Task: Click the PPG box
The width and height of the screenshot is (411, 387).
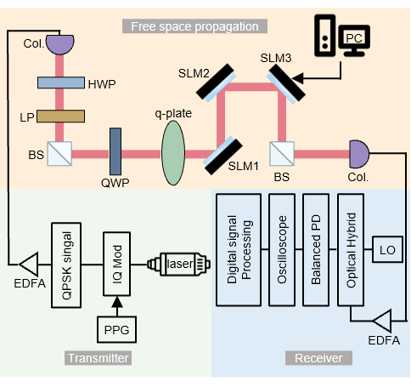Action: click(116, 329)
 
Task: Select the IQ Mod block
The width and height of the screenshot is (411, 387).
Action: click(116, 264)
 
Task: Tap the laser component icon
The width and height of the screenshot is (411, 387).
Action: click(178, 264)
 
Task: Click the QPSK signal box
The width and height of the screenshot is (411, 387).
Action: click(66, 265)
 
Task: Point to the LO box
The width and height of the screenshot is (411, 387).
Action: click(387, 249)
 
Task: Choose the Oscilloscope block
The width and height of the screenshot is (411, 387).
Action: click(282, 250)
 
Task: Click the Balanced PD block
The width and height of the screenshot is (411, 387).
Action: click(316, 250)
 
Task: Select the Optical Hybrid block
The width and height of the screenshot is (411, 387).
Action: click(351, 250)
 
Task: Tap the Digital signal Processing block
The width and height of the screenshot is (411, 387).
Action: click(239, 250)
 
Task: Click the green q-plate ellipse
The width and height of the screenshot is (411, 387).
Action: click(173, 153)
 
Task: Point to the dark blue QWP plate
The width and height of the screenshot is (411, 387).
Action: click(115, 151)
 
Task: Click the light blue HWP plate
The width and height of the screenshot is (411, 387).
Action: click(61, 83)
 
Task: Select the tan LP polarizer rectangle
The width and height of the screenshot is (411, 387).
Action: click(60, 117)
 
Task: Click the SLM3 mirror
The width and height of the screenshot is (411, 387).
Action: click(286, 83)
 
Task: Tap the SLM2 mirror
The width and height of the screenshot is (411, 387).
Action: click(216, 82)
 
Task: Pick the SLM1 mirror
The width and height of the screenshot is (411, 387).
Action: click(223, 156)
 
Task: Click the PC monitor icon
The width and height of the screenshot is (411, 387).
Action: click(354, 41)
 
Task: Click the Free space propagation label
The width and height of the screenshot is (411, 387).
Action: click(194, 26)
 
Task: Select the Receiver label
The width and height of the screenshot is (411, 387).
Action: click(318, 358)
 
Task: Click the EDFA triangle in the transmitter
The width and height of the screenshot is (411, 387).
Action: click(29, 265)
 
